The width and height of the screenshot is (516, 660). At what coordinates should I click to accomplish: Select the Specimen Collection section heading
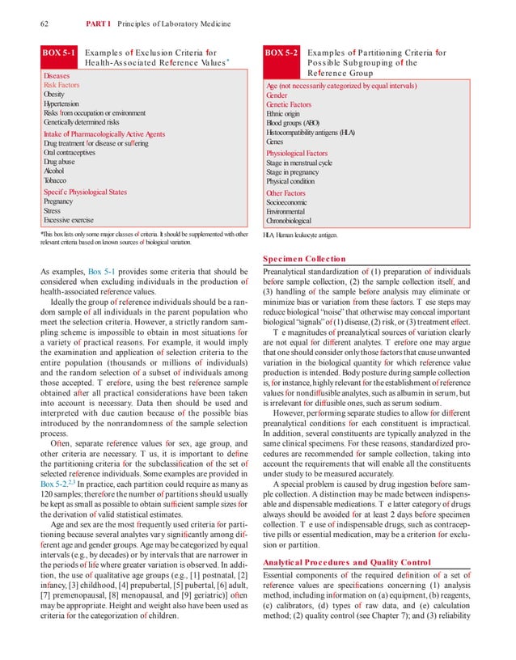[x=303, y=259]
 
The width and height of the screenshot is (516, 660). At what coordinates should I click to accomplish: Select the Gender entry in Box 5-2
[x=277, y=95]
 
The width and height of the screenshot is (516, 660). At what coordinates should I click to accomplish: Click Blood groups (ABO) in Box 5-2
[x=294, y=123]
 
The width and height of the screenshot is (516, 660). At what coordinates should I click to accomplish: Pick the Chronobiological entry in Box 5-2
[x=289, y=221]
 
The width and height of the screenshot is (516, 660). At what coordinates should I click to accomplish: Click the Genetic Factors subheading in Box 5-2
[x=289, y=104]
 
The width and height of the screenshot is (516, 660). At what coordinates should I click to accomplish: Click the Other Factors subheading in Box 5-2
[x=286, y=193]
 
